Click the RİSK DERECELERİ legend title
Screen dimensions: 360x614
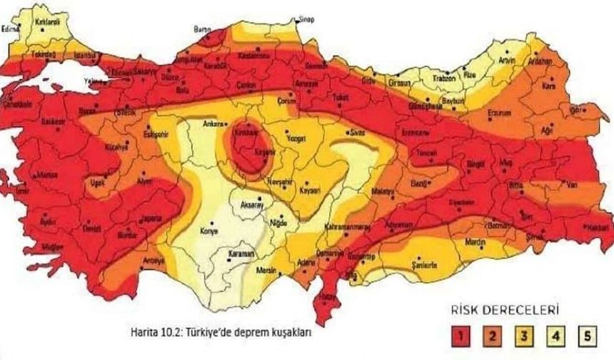[x=509, y=310]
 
